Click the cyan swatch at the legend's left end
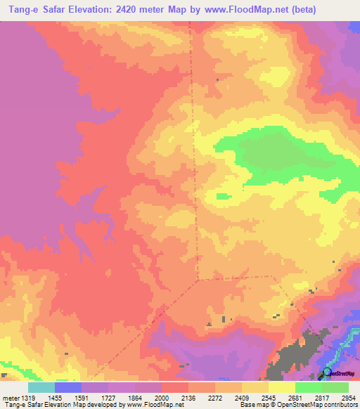point(41,387)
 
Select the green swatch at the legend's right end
point(335,387)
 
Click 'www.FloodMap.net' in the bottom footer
point(148,405)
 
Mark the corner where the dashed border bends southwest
point(198,279)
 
